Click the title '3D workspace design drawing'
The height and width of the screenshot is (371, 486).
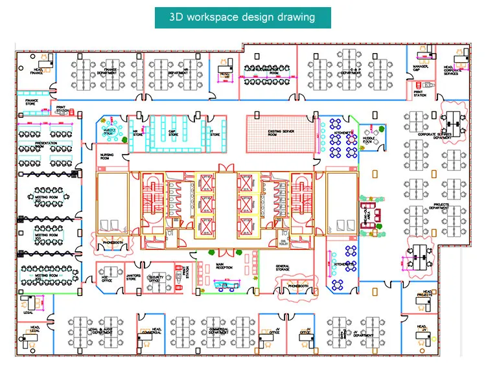(242, 17)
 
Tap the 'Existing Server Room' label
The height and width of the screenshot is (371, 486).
(283, 132)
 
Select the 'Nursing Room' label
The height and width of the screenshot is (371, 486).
(107, 157)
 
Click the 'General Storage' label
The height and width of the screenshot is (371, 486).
(282, 267)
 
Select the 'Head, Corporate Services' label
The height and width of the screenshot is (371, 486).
(452, 69)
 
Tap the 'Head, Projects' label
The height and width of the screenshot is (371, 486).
(424, 294)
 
